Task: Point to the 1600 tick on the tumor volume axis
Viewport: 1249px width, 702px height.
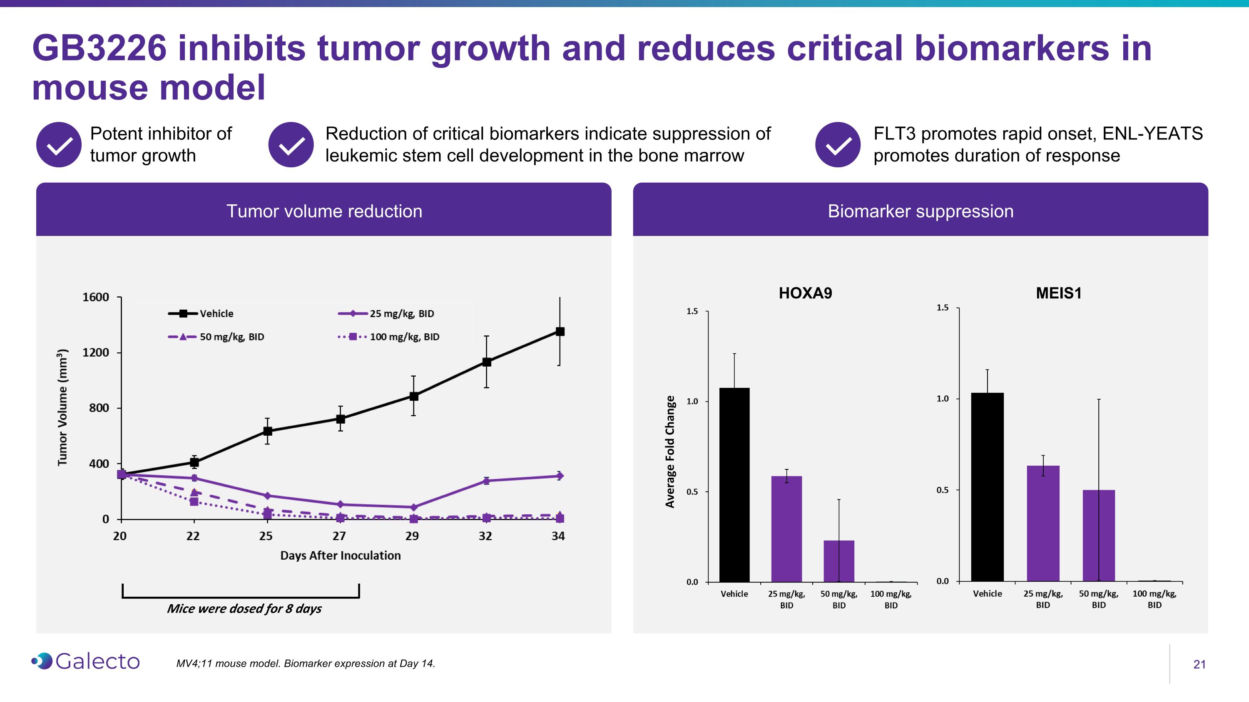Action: click(96, 297)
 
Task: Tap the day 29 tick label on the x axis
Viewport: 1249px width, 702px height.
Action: click(412, 536)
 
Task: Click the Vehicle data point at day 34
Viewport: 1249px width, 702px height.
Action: click(560, 331)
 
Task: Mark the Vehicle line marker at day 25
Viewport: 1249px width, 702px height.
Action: click(267, 431)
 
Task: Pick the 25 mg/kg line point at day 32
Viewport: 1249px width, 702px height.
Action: click(486, 481)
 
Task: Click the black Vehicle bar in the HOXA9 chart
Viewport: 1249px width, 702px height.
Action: click(734, 484)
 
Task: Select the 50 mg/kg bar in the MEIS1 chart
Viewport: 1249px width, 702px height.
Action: click(1098, 535)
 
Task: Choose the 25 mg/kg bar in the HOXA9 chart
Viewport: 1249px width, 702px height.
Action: click(786, 528)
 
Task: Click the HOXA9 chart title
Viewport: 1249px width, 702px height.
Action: click(805, 293)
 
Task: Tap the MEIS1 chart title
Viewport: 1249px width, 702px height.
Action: click(1058, 293)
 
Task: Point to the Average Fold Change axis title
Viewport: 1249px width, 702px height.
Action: click(669, 451)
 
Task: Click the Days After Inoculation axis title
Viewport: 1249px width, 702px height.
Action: click(341, 555)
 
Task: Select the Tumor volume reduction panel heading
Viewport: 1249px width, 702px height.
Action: click(324, 211)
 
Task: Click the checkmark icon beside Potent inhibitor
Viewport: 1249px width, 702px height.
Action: click(59, 144)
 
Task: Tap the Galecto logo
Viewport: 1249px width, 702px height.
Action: click(86, 661)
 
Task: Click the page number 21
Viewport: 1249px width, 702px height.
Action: click(1199, 664)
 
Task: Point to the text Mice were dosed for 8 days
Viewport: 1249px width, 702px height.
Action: click(244, 608)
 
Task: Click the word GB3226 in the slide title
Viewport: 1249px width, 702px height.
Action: click(100, 48)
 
